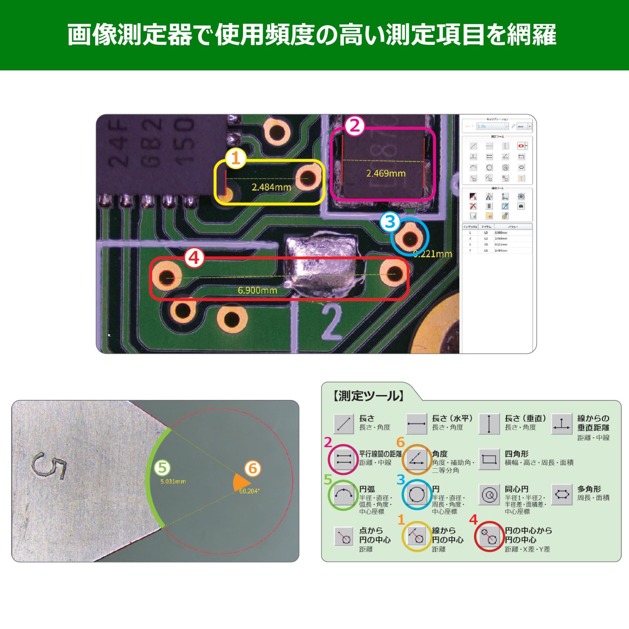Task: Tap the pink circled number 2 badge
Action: [x=355, y=126]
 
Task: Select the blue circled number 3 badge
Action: [x=390, y=222]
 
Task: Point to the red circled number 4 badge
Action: [x=194, y=258]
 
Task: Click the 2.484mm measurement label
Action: [x=271, y=187]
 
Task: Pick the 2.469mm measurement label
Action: [x=386, y=173]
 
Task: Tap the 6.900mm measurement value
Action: [x=257, y=291]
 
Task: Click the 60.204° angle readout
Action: [x=249, y=491]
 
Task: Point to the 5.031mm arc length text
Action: [x=173, y=481]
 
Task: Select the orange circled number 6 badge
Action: [x=253, y=468]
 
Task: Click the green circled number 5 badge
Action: [x=162, y=468]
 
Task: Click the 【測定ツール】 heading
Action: [x=368, y=396]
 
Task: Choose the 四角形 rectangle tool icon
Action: [x=489, y=459]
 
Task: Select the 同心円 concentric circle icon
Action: [x=489, y=495]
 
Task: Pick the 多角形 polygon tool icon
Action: [x=562, y=495]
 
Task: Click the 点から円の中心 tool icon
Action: [x=344, y=537]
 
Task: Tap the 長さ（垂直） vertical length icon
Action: [x=489, y=424]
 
